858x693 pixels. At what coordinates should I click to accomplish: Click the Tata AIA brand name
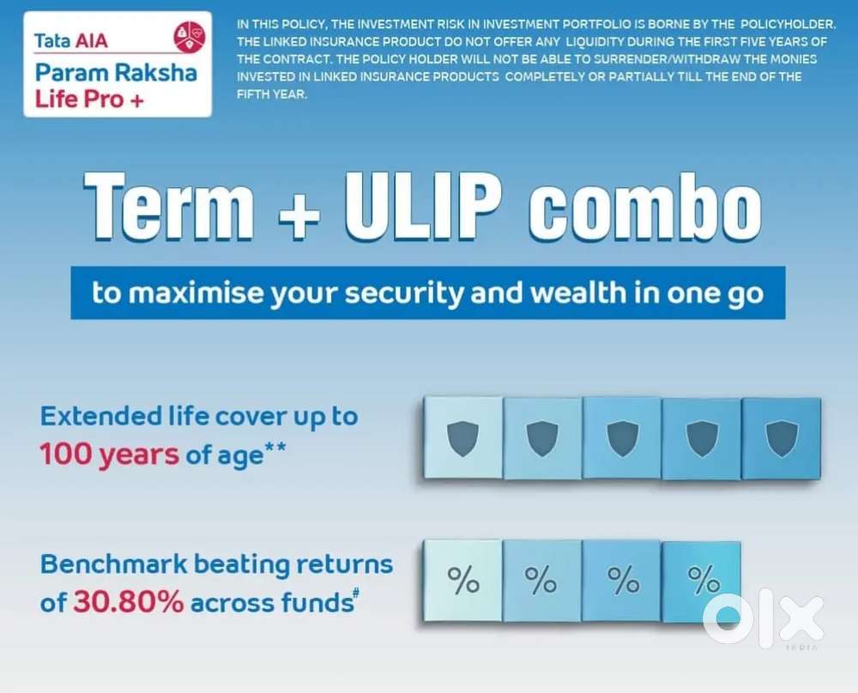pyautogui.click(x=71, y=40)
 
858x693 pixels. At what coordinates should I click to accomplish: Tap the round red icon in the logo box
pyautogui.click(x=190, y=37)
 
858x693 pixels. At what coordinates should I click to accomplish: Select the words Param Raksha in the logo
pyautogui.click(x=116, y=73)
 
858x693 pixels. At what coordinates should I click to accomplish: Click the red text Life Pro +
pyautogui.click(x=89, y=99)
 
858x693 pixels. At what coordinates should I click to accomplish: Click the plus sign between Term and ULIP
pyautogui.click(x=299, y=214)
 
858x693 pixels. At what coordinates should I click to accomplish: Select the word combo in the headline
pyautogui.click(x=645, y=208)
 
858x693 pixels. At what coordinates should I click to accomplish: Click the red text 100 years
pyautogui.click(x=110, y=454)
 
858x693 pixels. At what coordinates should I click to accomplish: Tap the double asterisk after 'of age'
pyautogui.click(x=275, y=449)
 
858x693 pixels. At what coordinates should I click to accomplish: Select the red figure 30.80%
pyautogui.click(x=129, y=602)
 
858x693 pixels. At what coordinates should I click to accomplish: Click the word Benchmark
pyautogui.click(x=114, y=563)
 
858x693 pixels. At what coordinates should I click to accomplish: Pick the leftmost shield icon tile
pyautogui.click(x=463, y=438)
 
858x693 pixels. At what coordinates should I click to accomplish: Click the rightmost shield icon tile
pyautogui.click(x=782, y=438)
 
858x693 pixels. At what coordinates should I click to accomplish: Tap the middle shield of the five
pyautogui.click(x=623, y=438)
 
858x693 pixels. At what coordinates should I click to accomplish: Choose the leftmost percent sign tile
pyautogui.click(x=463, y=581)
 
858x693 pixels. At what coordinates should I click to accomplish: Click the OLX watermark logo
pyautogui.click(x=763, y=618)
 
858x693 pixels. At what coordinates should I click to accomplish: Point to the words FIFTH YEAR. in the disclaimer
pyautogui.click(x=272, y=94)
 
